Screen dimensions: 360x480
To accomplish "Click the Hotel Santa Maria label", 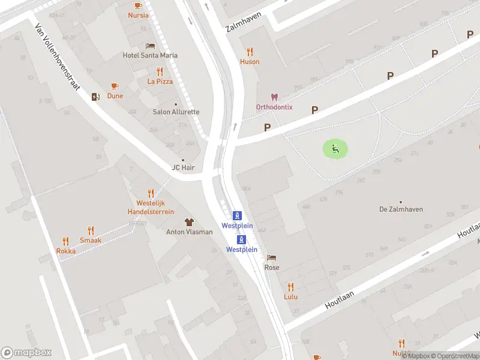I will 150,55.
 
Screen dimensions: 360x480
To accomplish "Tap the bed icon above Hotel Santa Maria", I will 150,46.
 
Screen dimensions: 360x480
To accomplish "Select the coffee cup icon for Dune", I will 115,86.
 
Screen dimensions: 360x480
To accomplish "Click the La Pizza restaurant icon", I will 160,71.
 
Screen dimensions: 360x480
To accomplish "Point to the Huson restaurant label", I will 250,61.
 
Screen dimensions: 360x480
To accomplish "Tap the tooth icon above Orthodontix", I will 274,97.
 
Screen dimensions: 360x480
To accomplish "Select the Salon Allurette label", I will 176,112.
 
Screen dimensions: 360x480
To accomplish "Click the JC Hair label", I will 184,167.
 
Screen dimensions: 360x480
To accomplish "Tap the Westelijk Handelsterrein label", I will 151,208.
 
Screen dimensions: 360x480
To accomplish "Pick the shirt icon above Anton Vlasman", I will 189,222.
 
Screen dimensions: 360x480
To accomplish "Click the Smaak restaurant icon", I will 91,230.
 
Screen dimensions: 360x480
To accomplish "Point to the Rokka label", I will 66,251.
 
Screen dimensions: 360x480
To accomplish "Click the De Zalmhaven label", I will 401,209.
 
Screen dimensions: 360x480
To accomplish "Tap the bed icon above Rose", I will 272,257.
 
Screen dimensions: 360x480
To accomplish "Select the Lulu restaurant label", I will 291,296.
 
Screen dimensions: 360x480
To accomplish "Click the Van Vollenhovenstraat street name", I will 58,57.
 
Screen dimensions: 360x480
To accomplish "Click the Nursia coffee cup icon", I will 138,5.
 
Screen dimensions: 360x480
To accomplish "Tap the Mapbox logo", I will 26,353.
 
